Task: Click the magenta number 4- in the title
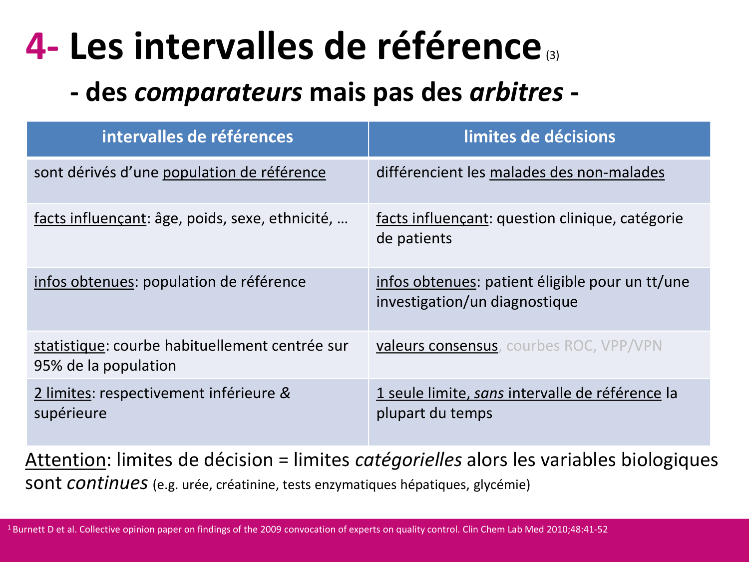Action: click(x=42, y=46)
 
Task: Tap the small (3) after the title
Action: click(x=552, y=55)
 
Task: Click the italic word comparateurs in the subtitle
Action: click(x=218, y=92)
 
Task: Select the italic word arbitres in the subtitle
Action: click(x=516, y=92)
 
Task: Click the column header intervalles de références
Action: click(x=197, y=137)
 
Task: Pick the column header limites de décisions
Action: click(x=539, y=137)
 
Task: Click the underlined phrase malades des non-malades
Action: click(x=577, y=172)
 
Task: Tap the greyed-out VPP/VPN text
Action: click(x=631, y=346)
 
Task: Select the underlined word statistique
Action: click(x=69, y=346)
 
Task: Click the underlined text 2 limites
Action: click(x=62, y=393)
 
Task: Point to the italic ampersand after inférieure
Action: click(x=285, y=393)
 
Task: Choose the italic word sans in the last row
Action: click(x=489, y=393)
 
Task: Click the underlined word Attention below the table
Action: click(x=65, y=460)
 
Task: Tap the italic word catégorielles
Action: click(x=408, y=460)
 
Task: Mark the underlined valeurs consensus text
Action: click(x=437, y=346)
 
